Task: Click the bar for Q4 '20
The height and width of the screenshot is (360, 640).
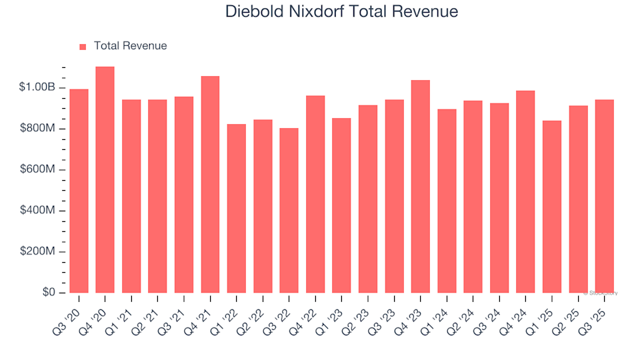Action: click(x=105, y=180)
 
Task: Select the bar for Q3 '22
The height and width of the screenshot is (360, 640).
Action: click(x=289, y=211)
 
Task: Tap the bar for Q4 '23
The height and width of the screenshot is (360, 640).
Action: click(x=420, y=187)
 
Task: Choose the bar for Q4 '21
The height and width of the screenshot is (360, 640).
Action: click(x=210, y=185)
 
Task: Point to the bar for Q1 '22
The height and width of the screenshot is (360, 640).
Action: click(x=236, y=209)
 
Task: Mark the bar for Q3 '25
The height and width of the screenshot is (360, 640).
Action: click(x=604, y=197)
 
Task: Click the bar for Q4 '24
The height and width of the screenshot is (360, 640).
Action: click(x=525, y=192)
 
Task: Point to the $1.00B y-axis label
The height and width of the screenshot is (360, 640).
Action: click(x=37, y=87)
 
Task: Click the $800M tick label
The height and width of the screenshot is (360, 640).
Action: click(x=37, y=129)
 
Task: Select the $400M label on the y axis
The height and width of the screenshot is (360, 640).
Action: click(x=37, y=211)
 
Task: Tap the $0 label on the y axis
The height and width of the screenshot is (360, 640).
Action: click(x=48, y=293)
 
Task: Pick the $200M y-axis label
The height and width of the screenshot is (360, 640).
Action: click(x=37, y=252)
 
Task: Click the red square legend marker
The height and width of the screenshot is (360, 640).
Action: click(x=83, y=47)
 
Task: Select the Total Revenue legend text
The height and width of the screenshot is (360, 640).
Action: click(x=130, y=46)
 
